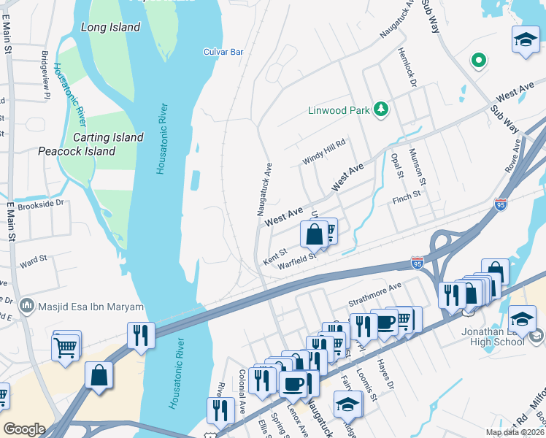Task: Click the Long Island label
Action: [x=110, y=27]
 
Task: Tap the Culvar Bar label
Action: [x=223, y=52]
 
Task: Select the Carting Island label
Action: [x=108, y=137]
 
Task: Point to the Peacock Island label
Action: [x=77, y=151]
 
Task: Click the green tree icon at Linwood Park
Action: [x=380, y=109]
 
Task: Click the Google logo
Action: [x=23, y=429]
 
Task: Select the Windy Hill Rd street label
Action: [x=323, y=153]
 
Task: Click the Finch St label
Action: [x=407, y=196]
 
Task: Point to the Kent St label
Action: [x=274, y=255]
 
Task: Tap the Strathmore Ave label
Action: [x=375, y=290]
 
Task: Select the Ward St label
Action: [x=33, y=259]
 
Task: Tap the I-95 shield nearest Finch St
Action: [x=500, y=204]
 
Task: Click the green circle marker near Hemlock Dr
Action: [x=479, y=60]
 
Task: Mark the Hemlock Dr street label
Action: [x=407, y=69]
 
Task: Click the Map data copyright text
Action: [x=515, y=432]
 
